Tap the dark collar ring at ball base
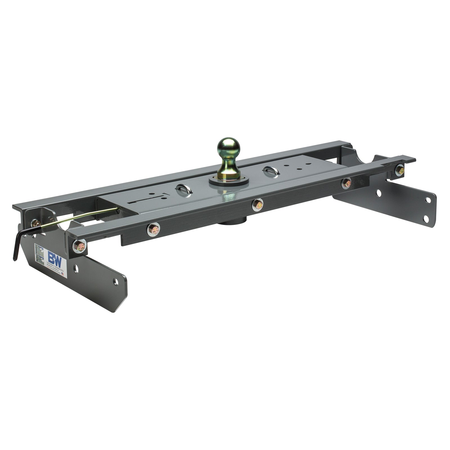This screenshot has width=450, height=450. click(x=229, y=181)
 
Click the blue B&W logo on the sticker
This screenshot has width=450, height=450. click(x=55, y=256)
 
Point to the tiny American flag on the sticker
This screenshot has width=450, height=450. click(x=62, y=274)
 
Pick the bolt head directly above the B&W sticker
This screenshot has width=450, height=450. click(x=80, y=246)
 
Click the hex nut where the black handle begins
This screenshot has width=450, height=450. click(x=36, y=224)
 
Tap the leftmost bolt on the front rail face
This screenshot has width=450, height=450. click(x=153, y=229)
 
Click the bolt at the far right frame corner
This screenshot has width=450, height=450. click(x=399, y=170)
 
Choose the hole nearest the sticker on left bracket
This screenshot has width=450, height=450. click(x=76, y=269)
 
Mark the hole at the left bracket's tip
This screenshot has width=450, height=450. click(x=115, y=282)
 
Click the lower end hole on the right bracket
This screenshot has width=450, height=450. click(x=426, y=219)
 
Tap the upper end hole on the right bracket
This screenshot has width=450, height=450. click(x=428, y=200)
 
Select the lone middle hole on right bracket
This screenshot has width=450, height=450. click(x=379, y=193)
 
